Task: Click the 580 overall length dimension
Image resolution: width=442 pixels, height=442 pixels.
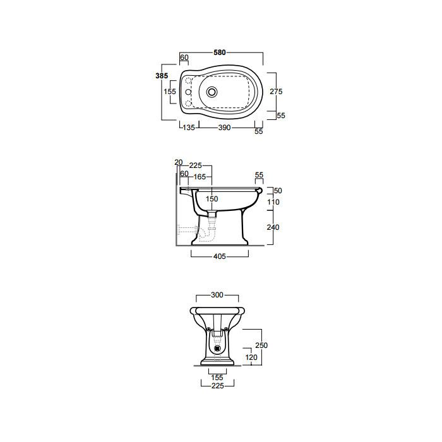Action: pos(220,52)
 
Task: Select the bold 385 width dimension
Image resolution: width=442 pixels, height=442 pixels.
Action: pos(162,76)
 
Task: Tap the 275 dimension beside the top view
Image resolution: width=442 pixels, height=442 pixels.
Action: pos(276,92)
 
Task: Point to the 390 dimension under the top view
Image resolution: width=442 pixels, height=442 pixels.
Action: pos(224,128)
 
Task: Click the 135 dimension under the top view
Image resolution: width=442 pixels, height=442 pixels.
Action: pos(189,128)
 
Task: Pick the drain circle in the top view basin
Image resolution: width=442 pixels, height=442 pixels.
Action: pos(212,92)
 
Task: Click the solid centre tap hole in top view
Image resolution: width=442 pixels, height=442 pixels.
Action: pos(188,92)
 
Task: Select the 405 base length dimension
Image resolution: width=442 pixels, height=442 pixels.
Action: pos(220,256)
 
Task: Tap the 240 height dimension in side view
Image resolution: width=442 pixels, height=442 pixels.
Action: pos(273,227)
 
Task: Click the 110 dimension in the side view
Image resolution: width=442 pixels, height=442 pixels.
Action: pos(273,202)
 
